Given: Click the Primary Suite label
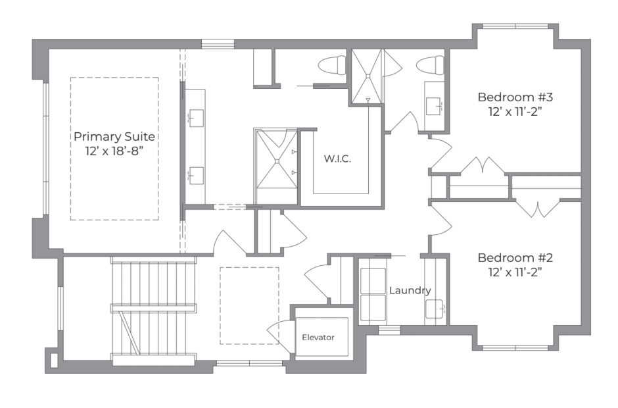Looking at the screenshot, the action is pyautogui.click(x=114, y=136).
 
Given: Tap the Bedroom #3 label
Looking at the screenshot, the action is pyautogui.click(x=515, y=97).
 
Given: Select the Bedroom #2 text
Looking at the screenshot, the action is pyautogui.click(x=515, y=258).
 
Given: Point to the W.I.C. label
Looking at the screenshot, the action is pyautogui.click(x=337, y=159).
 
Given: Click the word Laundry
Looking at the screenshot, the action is pyautogui.click(x=410, y=291).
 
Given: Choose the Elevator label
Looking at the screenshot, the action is pyautogui.click(x=318, y=338).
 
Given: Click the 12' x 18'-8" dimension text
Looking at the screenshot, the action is pyautogui.click(x=114, y=151).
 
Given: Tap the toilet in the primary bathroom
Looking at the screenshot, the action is pyautogui.click(x=332, y=65).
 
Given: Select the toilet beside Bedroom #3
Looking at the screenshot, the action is pyautogui.click(x=431, y=65).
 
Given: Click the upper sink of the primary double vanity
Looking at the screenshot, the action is pyautogui.click(x=197, y=118).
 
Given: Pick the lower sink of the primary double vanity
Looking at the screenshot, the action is pyautogui.click(x=197, y=176).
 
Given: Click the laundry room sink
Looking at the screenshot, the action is pyautogui.click(x=435, y=309).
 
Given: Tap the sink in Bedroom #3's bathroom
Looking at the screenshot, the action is pyautogui.click(x=433, y=106).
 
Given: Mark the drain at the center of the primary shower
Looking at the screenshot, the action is pyautogui.click(x=277, y=161).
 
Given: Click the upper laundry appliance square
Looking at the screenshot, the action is pyautogui.click(x=373, y=281).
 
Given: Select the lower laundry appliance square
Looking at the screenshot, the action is pyautogui.click(x=373, y=307).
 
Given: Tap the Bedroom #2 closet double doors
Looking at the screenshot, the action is pyautogui.click(x=538, y=209).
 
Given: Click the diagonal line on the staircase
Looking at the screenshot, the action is pyautogui.click(x=130, y=333).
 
